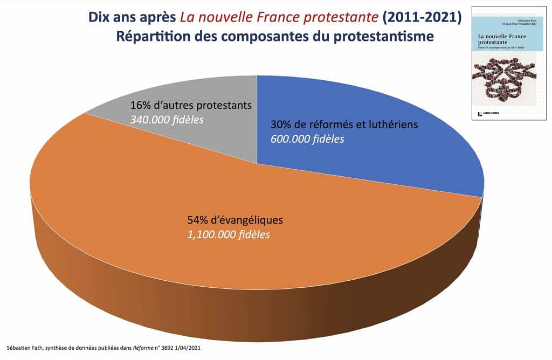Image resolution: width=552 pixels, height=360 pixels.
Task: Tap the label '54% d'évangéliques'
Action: click(x=235, y=220)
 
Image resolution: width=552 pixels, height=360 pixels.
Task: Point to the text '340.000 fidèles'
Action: click(x=167, y=119)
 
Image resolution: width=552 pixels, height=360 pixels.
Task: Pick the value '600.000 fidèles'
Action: click(x=307, y=139)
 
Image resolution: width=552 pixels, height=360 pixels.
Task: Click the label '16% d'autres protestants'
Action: click(x=191, y=105)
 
